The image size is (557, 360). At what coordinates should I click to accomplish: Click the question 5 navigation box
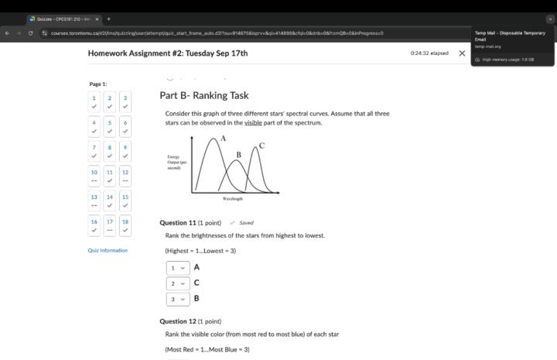pyautogui.click(x=109, y=126)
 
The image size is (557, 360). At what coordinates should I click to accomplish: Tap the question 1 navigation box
pyautogui.click(x=94, y=101)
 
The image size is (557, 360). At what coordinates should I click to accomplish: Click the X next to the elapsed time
pyautogui.click(x=462, y=53)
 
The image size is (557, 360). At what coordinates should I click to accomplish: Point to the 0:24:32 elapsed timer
pyautogui.click(x=429, y=53)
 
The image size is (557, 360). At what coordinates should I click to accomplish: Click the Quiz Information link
pyautogui.click(x=108, y=250)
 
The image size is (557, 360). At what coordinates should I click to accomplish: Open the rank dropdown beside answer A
pyautogui.click(x=177, y=268)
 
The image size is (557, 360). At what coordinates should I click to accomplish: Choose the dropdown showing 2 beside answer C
pyautogui.click(x=177, y=283)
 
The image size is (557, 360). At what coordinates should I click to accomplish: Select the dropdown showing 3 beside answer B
pyautogui.click(x=177, y=299)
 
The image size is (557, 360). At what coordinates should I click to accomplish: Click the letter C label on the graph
pyautogui.click(x=261, y=146)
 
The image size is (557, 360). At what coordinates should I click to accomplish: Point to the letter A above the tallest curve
pyautogui.click(x=223, y=138)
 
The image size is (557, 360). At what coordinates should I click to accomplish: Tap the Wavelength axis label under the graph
pyautogui.click(x=232, y=199)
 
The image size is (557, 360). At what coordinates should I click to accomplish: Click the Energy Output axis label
pyautogui.click(x=177, y=162)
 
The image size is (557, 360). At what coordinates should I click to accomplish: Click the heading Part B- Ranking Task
pyautogui.click(x=204, y=95)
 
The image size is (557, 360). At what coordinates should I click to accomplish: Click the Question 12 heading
pyautogui.click(x=178, y=321)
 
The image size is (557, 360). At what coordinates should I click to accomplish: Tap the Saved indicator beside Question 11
pyautogui.click(x=242, y=223)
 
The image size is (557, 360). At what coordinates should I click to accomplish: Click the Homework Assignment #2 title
pyautogui.click(x=168, y=53)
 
